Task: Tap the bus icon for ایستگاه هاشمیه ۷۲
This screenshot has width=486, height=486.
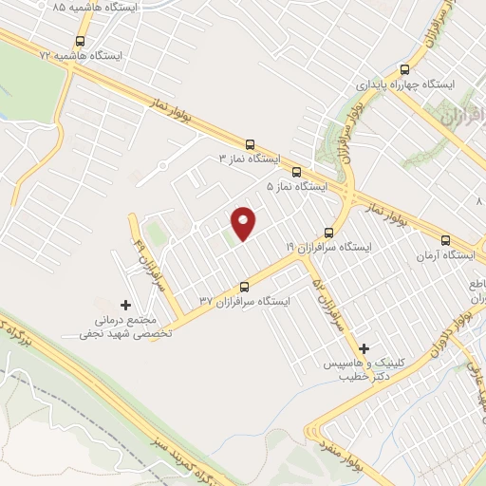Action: [79, 42]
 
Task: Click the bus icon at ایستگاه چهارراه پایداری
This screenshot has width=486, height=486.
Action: [405, 69]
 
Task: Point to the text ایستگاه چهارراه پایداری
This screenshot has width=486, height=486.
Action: [405, 84]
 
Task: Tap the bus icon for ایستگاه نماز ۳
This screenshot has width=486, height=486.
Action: [250, 144]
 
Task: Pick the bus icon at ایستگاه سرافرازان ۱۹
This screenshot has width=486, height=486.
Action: [329, 232]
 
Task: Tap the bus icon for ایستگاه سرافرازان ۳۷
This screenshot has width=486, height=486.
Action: [244, 286]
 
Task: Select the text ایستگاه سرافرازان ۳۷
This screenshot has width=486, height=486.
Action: [244, 301]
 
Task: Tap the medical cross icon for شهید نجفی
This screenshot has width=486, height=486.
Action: [127, 304]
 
